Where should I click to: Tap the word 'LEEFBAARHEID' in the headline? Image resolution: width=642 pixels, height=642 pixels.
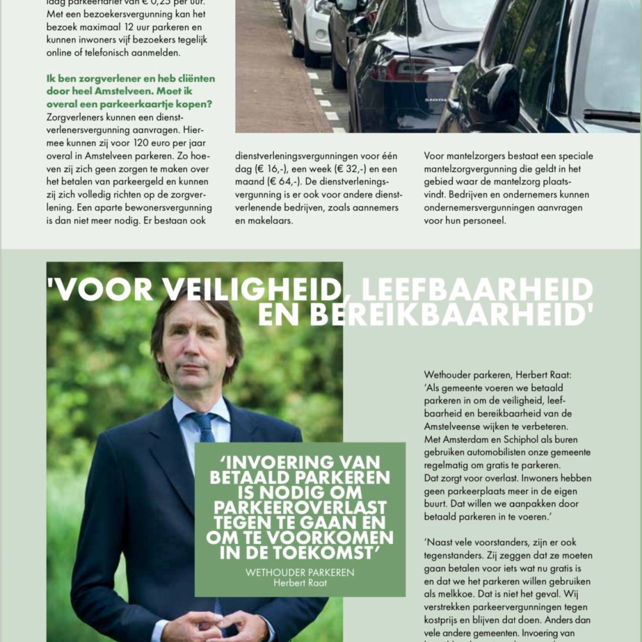click(477, 290)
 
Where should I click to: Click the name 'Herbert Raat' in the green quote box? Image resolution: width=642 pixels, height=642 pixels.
click(300, 583)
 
